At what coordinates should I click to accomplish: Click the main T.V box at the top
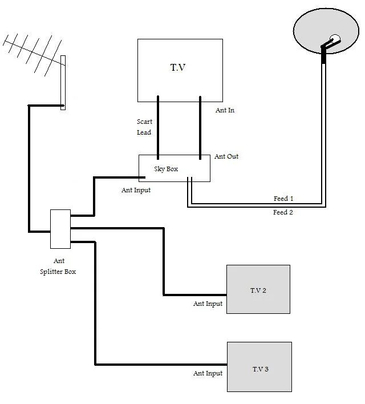pyautogui.click(x=180, y=70)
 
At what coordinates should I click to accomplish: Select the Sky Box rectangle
pyautogui.click(x=175, y=168)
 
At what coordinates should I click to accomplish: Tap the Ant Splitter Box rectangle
pyautogui.click(x=60, y=229)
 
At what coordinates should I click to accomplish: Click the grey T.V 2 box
pyautogui.click(x=258, y=289)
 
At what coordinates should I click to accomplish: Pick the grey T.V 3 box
pyautogui.click(x=259, y=367)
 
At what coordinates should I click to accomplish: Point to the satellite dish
pyautogui.click(x=326, y=31)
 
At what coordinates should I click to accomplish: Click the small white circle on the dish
pyautogui.click(x=335, y=39)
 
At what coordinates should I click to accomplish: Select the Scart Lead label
pyautogui.click(x=144, y=127)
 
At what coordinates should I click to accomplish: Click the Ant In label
pyautogui.click(x=225, y=110)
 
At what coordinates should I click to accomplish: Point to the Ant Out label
pyautogui.click(x=226, y=156)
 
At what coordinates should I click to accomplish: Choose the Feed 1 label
pyautogui.click(x=283, y=199)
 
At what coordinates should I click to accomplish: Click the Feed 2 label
pyautogui.click(x=283, y=212)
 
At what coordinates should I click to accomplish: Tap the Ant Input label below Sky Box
pyautogui.click(x=136, y=191)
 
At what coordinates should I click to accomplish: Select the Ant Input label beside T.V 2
pyautogui.click(x=208, y=304)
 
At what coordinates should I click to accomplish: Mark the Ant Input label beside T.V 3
pyautogui.click(x=208, y=374)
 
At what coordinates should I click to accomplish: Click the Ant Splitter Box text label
pyautogui.click(x=58, y=266)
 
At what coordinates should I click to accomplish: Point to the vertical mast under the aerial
pyautogui.click(x=63, y=83)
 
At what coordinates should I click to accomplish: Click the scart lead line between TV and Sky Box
pyautogui.click(x=158, y=128)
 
